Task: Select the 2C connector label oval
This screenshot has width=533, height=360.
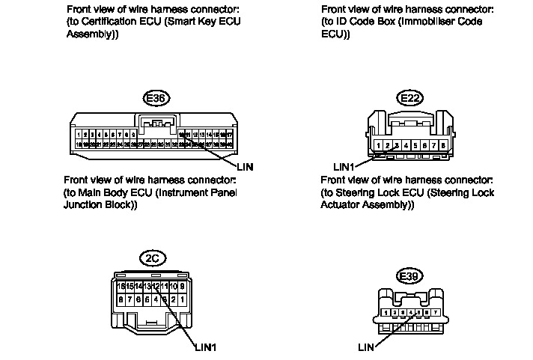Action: click(153, 258)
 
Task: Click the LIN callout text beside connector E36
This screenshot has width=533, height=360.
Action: click(245, 166)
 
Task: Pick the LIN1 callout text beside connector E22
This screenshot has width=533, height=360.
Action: click(345, 165)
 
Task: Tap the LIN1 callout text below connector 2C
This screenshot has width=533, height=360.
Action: click(205, 347)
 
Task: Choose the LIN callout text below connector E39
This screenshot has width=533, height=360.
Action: click(366, 347)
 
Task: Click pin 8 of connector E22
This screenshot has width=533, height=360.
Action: click(443, 145)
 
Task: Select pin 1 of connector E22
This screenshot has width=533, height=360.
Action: click(380, 145)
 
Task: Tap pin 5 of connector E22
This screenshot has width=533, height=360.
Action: click(415, 145)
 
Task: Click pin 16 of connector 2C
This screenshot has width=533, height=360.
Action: click(119, 287)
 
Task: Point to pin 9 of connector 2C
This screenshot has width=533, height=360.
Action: click(182, 287)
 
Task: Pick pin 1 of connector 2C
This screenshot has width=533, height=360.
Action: click(182, 299)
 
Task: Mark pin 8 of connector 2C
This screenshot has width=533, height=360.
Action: click(119, 299)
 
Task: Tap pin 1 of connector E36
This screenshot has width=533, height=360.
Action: click(79, 134)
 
